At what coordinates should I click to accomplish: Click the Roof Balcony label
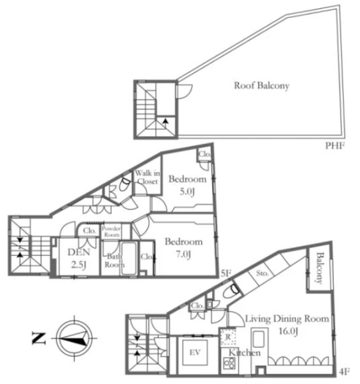[x=261, y=86]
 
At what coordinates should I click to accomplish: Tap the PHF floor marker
[x=335, y=146]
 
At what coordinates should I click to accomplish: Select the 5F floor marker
[x=225, y=273]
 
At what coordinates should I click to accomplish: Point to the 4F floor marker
[x=345, y=372]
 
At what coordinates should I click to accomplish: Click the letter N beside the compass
[x=38, y=339]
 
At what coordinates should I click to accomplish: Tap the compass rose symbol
[x=74, y=338]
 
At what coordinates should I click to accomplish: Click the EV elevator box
[x=195, y=352]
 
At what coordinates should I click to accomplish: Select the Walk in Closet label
[x=147, y=177]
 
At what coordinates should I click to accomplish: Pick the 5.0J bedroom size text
[x=187, y=191]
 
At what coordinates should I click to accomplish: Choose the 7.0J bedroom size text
[x=183, y=254]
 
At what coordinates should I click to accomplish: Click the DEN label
[x=79, y=252]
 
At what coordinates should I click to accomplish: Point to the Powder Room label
[x=111, y=232]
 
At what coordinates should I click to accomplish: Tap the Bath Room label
[x=115, y=260]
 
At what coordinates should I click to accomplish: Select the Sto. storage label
[x=262, y=273]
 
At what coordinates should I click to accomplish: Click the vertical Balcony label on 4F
[x=319, y=268]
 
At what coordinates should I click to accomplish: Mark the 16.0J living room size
[x=288, y=331]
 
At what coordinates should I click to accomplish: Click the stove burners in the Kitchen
[x=229, y=363]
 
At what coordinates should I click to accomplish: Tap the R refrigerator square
[x=228, y=337]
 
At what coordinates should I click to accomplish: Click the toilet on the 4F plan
[x=231, y=291]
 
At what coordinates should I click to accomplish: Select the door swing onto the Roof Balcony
[x=184, y=92]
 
